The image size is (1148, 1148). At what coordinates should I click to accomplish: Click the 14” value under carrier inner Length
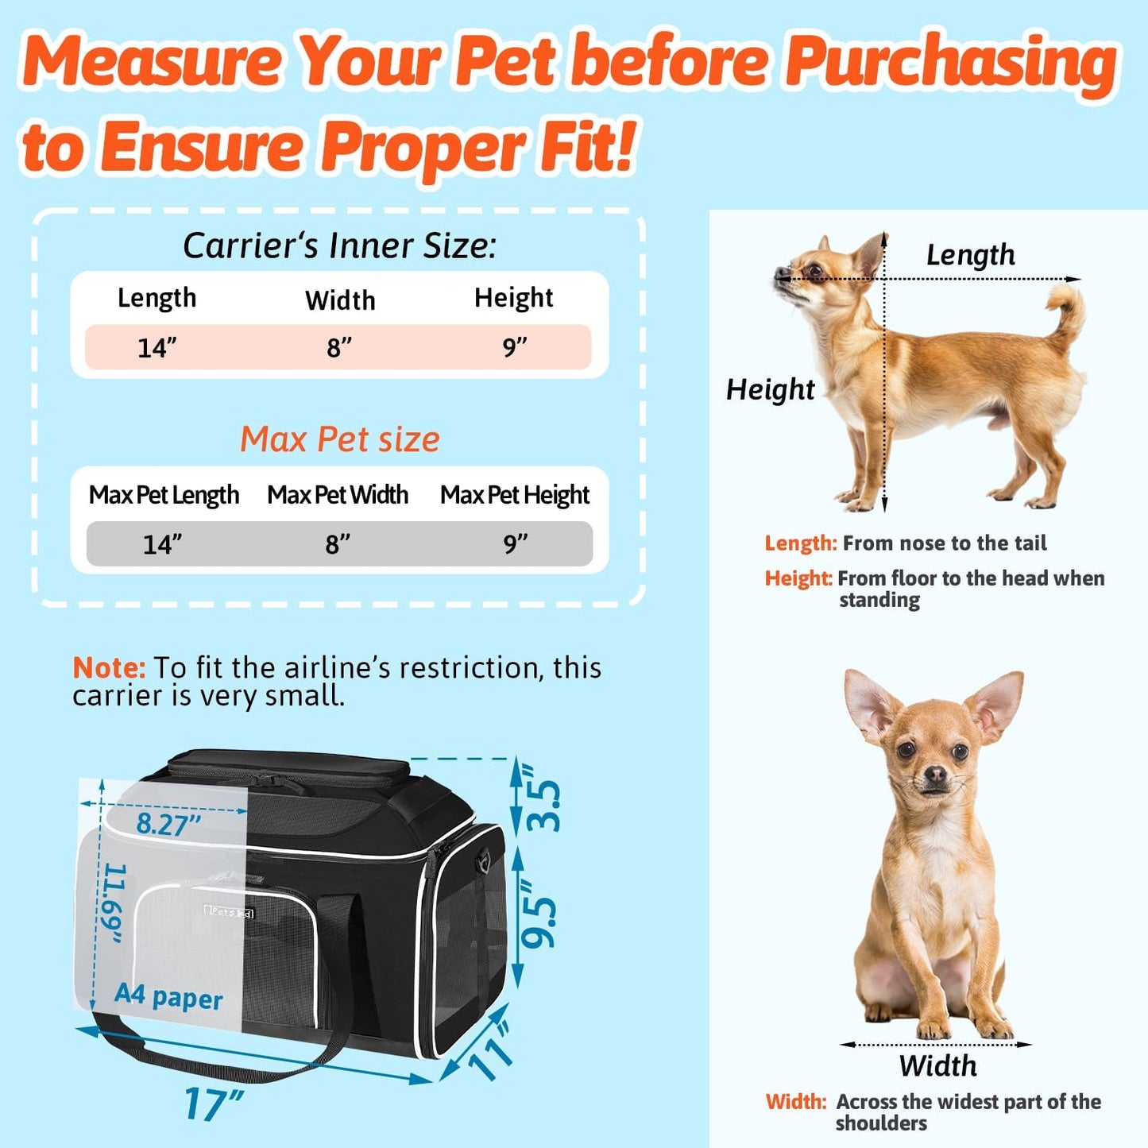point(157,347)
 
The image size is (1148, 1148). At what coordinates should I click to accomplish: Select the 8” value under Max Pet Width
point(338,544)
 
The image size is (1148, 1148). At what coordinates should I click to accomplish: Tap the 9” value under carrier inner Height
point(515,347)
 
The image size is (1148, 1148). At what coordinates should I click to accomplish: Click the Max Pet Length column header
point(164,495)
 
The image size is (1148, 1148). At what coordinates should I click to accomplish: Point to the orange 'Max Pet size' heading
point(339,439)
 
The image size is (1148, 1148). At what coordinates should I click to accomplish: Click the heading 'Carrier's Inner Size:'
point(339,245)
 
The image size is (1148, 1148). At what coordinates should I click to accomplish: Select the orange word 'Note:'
point(109,667)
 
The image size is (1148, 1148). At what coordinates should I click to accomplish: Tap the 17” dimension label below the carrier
point(213,1104)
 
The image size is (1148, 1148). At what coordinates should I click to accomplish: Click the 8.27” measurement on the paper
point(168,823)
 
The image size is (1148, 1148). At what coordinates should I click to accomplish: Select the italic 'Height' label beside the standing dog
point(770,389)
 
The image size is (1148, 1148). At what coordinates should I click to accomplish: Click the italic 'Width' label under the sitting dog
point(937,1065)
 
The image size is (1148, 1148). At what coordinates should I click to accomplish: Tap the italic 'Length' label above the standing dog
point(970,255)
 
